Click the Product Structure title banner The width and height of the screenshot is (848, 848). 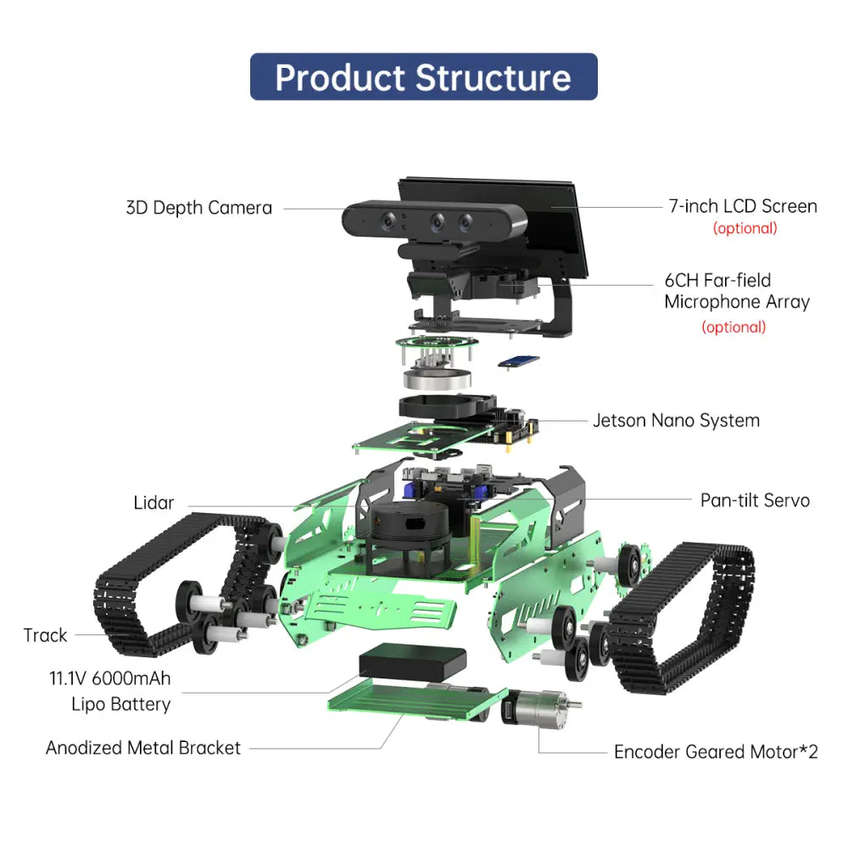(423, 77)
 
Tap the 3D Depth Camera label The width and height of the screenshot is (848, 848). (198, 208)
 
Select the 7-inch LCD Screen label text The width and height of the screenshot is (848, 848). (743, 206)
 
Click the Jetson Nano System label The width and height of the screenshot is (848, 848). (676, 421)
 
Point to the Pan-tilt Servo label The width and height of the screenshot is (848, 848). (754, 500)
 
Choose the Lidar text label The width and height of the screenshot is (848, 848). (153, 503)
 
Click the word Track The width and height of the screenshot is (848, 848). (46, 635)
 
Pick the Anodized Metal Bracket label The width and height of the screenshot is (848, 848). (143, 748)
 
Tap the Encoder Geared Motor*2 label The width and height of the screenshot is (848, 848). (716, 752)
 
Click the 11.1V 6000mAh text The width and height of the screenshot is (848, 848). (116, 679)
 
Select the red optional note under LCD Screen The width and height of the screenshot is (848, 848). (745, 228)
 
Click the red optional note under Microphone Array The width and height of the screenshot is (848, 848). (734, 327)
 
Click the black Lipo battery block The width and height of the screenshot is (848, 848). (413, 662)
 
